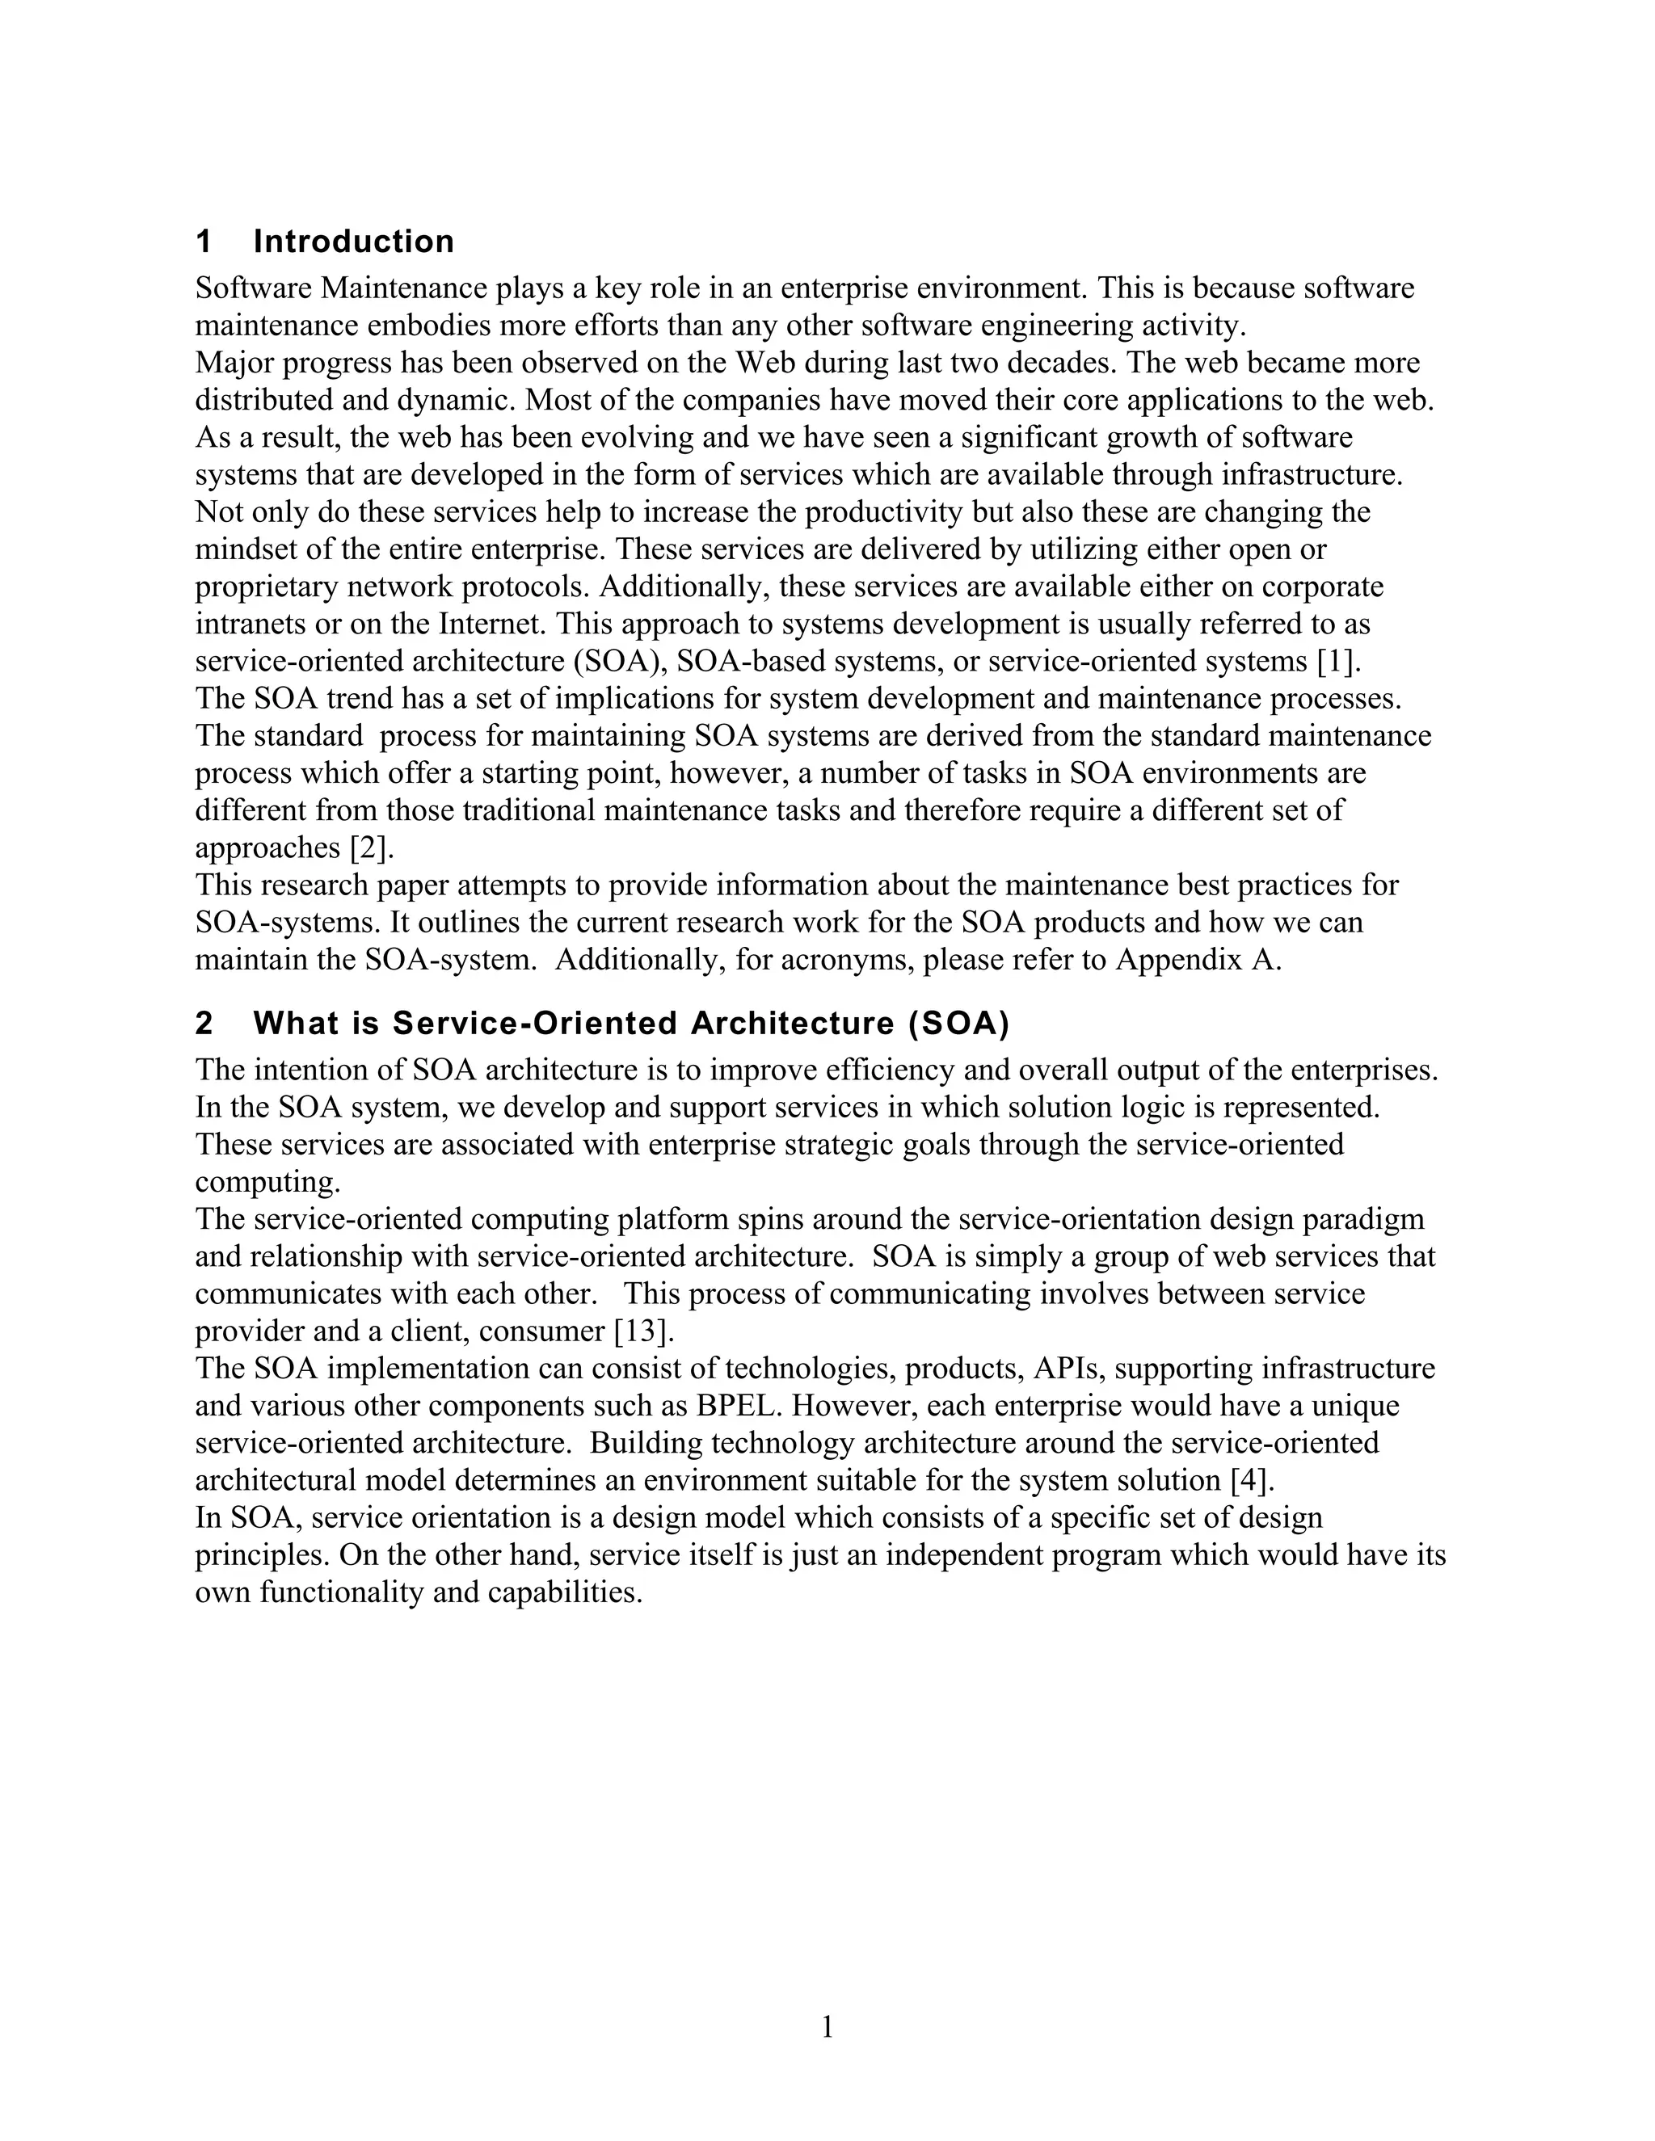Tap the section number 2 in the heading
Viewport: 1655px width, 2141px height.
pyautogui.click(x=204, y=1024)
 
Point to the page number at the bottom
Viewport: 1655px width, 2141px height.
pyautogui.click(x=827, y=2026)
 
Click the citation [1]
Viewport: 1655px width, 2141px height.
pyautogui.click(x=1338, y=662)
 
